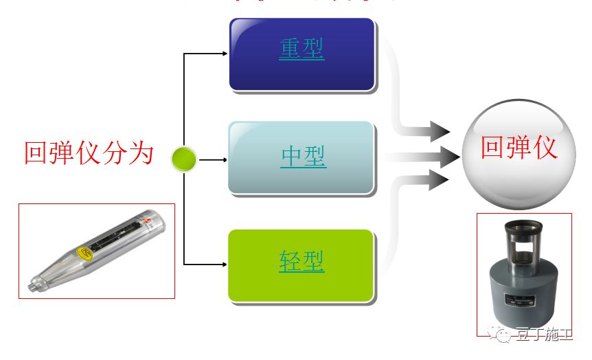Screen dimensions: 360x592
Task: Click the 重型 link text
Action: pos(301,48)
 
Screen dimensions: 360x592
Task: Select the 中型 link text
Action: pos(303,157)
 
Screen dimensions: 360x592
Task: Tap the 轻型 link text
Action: pos(301,261)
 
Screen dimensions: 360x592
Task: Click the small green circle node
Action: pos(183,159)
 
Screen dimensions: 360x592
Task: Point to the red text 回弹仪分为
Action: pos(89,153)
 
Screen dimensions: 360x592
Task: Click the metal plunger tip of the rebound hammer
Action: pos(32,282)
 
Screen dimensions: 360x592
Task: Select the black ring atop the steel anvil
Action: pos(523,225)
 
